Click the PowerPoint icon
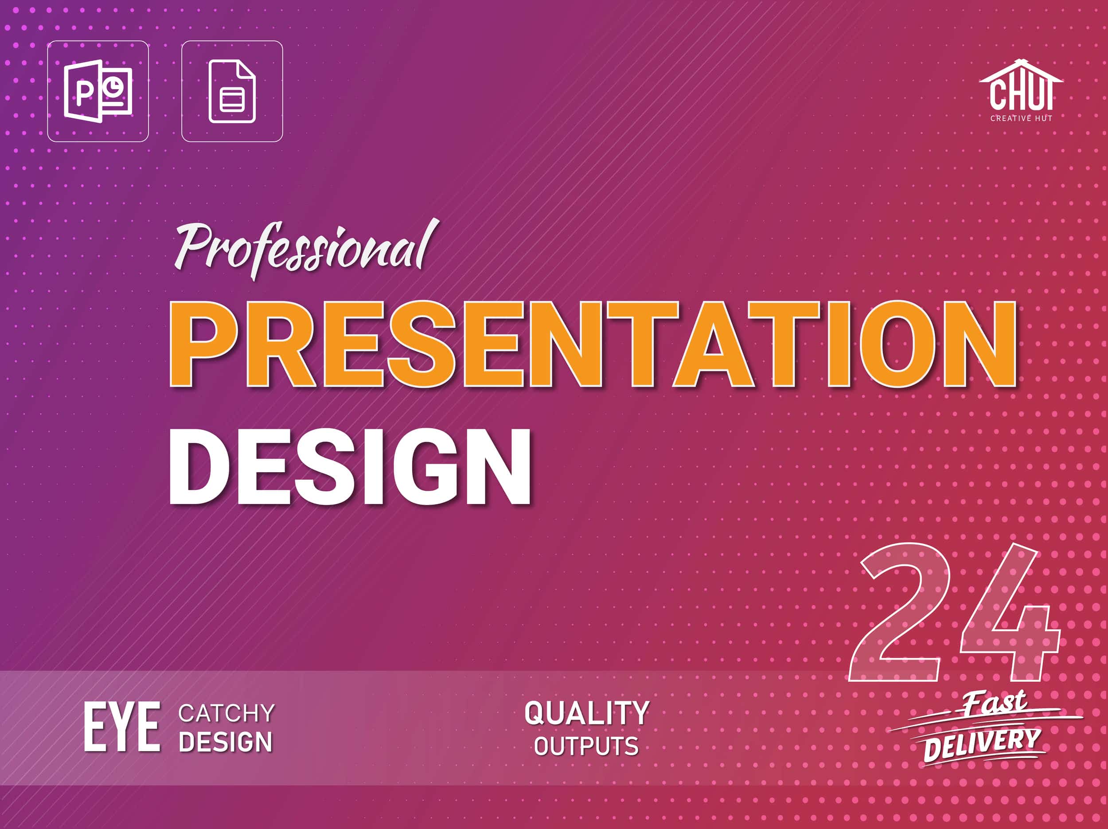(98, 91)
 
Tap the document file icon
(232, 91)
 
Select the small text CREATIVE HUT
(1021, 118)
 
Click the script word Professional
(305, 249)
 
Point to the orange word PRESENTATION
(593, 344)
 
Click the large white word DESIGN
(350, 467)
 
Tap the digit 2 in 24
(900, 612)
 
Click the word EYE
(122, 726)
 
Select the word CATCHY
(226, 713)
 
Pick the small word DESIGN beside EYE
(226, 742)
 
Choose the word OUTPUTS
(586, 747)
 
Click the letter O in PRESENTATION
(898, 344)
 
